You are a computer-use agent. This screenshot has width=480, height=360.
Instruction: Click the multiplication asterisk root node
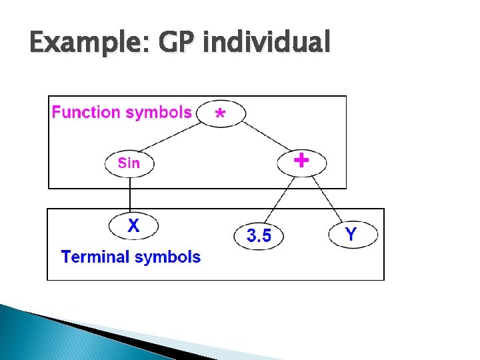click(221, 113)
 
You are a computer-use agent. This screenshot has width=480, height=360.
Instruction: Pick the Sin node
click(129, 163)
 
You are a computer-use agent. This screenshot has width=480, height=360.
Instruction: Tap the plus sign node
click(302, 161)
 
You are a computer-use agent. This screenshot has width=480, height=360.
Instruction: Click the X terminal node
click(134, 226)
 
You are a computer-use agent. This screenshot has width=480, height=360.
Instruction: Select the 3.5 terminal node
click(259, 235)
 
